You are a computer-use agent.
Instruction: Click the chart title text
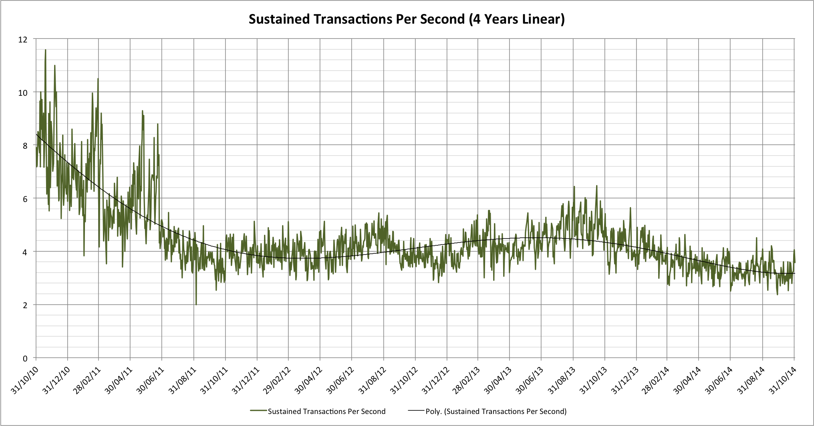(x=407, y=19)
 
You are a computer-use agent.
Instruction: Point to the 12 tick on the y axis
(x=23, y=39)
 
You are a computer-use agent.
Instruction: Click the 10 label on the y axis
(x=23, y=93)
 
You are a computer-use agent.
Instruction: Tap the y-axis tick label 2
(x=25, y=305)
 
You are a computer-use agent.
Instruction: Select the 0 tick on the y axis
(x=25, y=359)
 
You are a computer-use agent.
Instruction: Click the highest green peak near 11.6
(x=45, y=50)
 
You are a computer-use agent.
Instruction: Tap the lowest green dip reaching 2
(x=196, y=304)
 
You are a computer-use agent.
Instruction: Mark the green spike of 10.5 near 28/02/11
(x=98, y=79)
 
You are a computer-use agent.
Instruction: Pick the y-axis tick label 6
(x=25, y=199)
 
